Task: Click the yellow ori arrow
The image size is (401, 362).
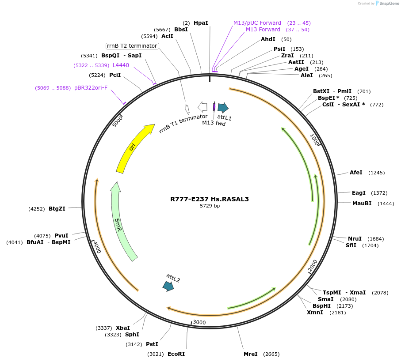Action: (132, 147)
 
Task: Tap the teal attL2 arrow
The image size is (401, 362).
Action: (168, 286)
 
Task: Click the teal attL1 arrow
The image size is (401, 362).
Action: (223, 107)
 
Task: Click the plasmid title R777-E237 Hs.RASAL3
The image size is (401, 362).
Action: (210, 199)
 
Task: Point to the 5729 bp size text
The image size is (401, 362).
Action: (210, 206)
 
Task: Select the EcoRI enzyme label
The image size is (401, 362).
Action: (176, 354)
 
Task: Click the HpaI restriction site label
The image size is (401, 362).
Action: (201, 23)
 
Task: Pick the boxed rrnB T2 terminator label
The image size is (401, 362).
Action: (132, 46)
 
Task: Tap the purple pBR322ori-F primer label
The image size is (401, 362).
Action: (91, 88)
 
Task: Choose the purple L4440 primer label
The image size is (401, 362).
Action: (121, 65)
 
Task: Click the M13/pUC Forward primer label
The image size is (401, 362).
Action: (257, 23)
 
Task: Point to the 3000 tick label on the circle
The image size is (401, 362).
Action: (199, 322)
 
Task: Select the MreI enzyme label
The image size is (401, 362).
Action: (251, 354)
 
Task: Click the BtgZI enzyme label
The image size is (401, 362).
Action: (57, 209)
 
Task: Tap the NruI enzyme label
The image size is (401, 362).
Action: (355, 238)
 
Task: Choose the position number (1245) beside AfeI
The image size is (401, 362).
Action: (376, 173)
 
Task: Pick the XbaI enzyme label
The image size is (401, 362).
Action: (123, 328)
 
